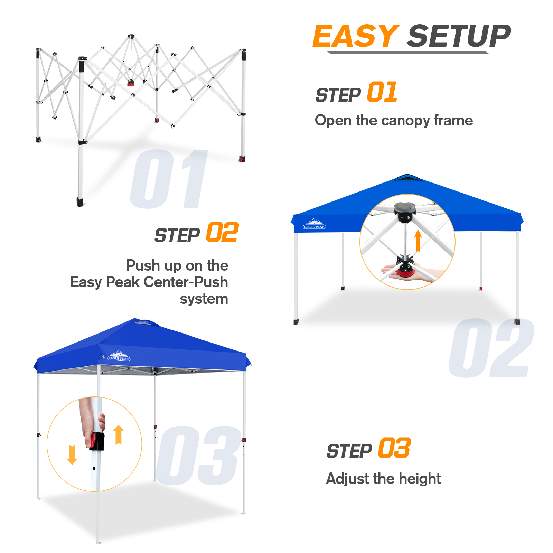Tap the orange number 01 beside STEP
(x=382, y=92)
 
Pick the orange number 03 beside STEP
(x=394, y=448)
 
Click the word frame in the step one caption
(x=453, y=120)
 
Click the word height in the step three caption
(x=420, y=479)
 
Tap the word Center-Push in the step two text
(x=186, y=282)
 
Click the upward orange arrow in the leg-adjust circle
(x=119, y=434)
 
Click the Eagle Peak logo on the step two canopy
(x=314, y=224)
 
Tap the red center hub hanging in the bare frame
(x=131, y=83)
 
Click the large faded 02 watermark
(x=491, y=348)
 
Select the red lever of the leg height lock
(x=93, y=441)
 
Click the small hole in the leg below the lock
(x=94, y=469)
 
